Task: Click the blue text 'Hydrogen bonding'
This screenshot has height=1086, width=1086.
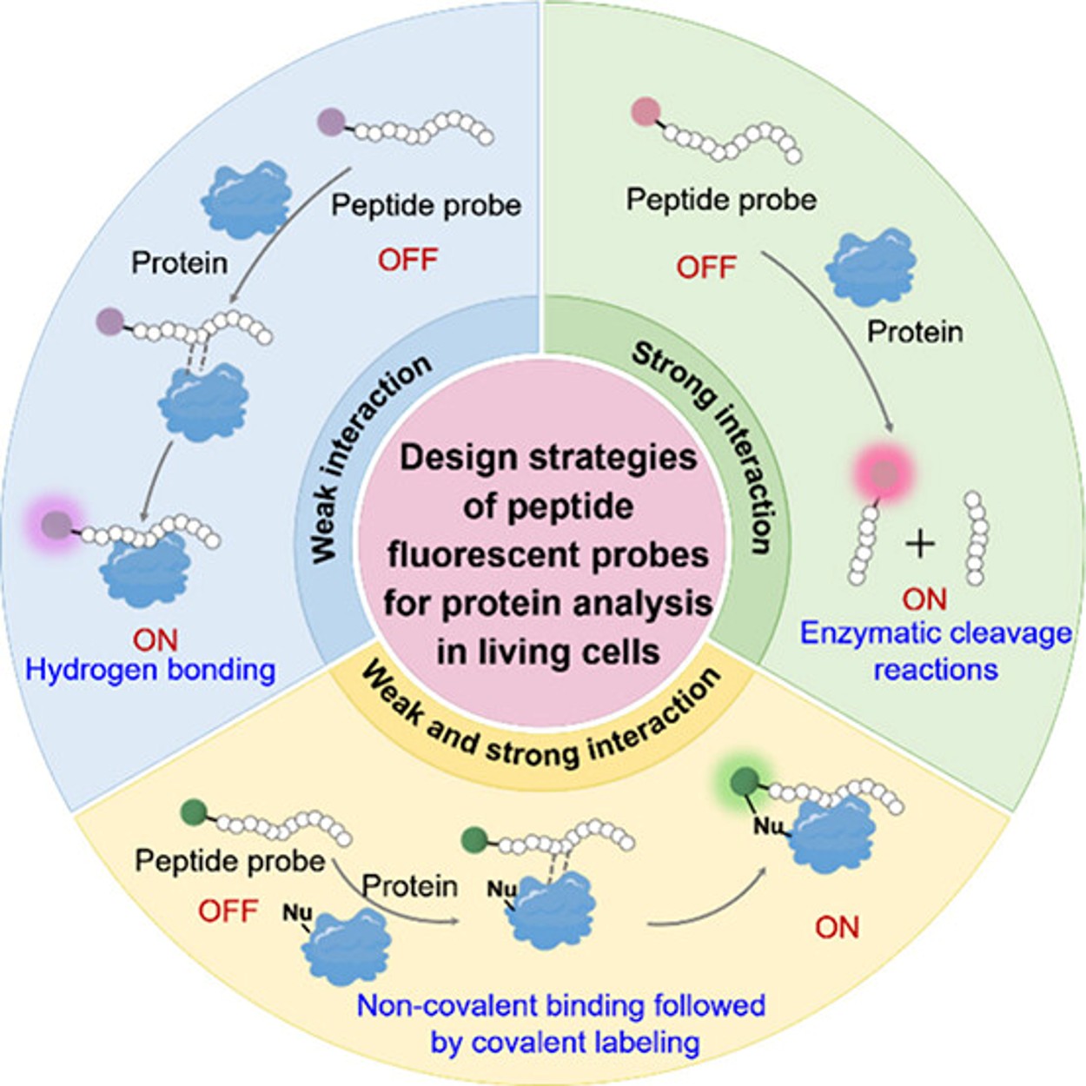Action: (150, 670)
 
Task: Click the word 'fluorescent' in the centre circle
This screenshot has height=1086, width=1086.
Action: (547, 554)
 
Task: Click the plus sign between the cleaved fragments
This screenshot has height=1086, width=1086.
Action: (920, 544)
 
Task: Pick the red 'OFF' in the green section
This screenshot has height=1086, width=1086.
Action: (706, 267)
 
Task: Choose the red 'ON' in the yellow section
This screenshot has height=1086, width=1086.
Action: (837, 928)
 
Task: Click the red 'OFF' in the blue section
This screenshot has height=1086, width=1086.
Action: (407, 260)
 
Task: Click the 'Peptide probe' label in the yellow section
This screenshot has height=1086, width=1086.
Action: (230, 861)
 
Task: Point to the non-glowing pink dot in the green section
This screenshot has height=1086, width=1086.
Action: (646, 112)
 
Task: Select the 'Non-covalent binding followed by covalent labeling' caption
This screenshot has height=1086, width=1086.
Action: (562, 1023)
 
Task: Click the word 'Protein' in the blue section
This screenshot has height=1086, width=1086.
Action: (179, 262)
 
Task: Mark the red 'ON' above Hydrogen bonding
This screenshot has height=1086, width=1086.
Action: (155, 640)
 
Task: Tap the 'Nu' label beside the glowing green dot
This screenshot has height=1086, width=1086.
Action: (768, 824)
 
